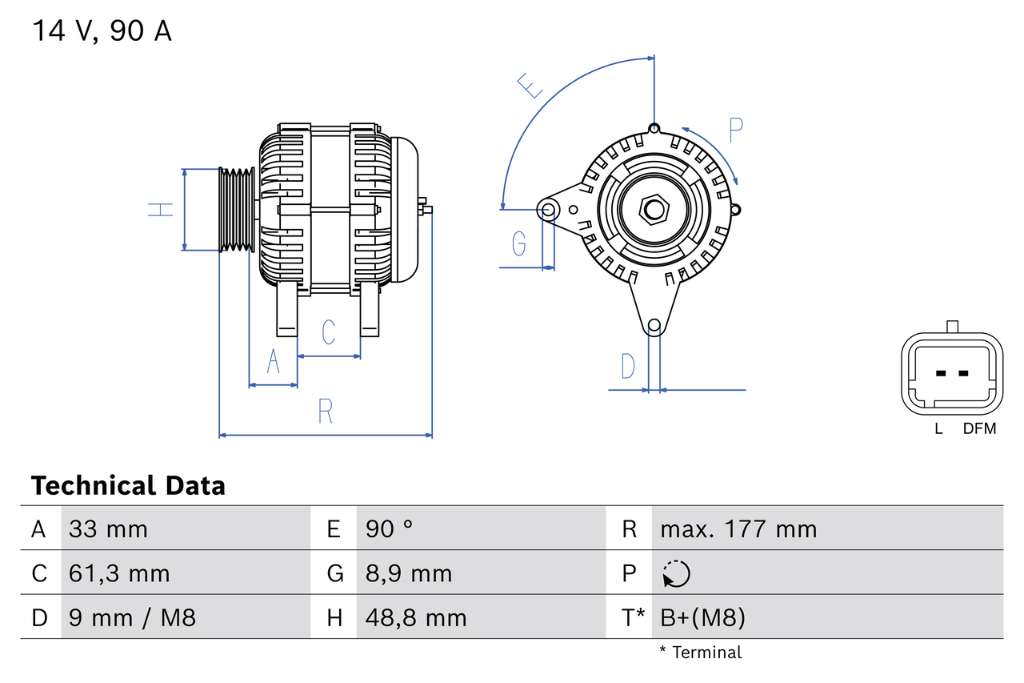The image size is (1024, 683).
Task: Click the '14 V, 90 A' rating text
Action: point(102,31)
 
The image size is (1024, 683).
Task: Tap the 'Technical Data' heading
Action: point(128,486)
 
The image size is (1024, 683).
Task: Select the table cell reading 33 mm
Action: point(108,529)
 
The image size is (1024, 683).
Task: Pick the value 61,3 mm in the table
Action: point(119,574)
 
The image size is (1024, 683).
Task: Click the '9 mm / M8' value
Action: point(132,618)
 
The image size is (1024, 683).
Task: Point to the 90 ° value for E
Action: point(390,529)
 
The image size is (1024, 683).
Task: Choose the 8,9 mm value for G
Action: point(409,574)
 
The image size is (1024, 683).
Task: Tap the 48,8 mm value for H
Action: point(416,618)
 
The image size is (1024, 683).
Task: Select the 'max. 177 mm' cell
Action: point(738,529)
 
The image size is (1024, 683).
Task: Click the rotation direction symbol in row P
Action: point(676,574)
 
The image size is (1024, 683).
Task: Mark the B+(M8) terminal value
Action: point(703,618)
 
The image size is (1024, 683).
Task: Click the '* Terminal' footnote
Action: point(700,653)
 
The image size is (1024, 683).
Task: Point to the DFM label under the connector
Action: point(979,429)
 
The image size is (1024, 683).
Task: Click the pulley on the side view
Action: point(237,210)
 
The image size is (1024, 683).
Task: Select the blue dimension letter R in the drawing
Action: point(325,412)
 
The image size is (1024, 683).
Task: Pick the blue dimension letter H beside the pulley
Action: point(161,210)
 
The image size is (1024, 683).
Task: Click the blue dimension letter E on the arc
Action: point(530,85)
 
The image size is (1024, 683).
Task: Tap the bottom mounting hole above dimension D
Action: point(654,325)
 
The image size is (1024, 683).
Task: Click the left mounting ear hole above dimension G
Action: point(548,211)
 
